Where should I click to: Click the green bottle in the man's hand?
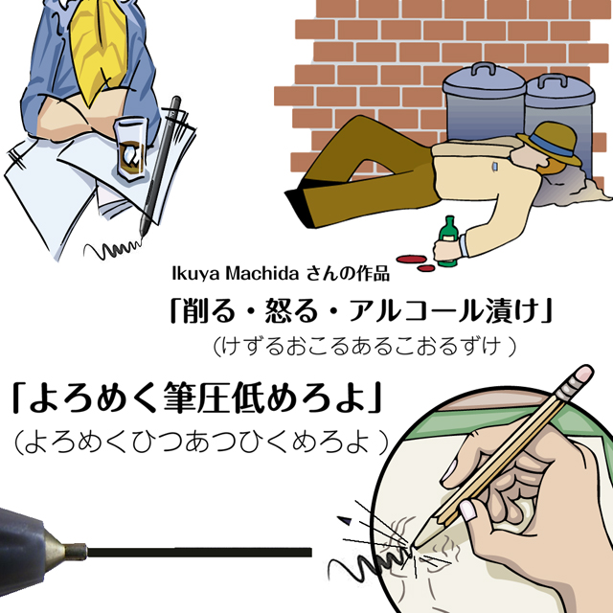[x=447, y=240]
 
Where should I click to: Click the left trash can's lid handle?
[x=483, y=69]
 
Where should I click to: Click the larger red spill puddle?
[x=412, y=259]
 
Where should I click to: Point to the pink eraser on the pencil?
[x=584, y=374]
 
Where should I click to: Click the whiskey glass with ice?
[x=132, y=149]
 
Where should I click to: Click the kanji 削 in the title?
[x=195, y=310]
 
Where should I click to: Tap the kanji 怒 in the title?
[x=279, y=310]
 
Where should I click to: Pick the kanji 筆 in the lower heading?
[x=179, y=397]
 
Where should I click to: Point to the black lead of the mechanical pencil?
[x=199, y=552]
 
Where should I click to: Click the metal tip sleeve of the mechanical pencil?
[x=75, y=551]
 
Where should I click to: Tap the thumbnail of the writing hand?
[x=467, y=510]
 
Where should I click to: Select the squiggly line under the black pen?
[x=113, y=250]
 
